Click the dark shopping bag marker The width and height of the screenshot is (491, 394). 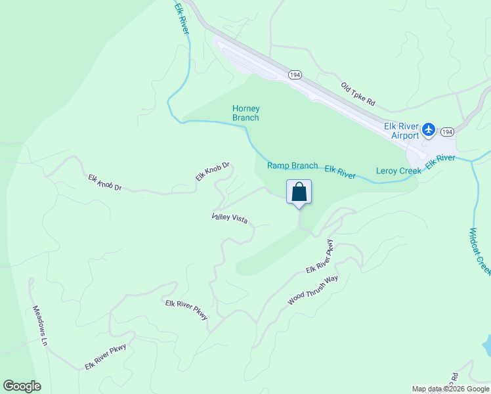coord(299,193)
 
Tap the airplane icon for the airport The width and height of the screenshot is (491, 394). coord(429,129)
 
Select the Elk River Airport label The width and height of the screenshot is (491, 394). coord(401,131)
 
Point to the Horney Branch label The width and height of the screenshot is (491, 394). coord(246,113)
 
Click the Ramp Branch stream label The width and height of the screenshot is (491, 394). coord(292,165)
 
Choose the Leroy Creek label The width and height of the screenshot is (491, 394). coord(398,171)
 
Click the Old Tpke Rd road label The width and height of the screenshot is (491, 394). coord(358,94)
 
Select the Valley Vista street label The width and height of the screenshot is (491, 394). coord(230,218)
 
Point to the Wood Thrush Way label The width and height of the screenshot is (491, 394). coord(312,290)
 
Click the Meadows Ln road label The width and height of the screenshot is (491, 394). coord(41,326)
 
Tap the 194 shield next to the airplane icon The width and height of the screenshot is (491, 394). coord(447,132)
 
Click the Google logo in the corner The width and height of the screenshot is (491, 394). coord(22,386)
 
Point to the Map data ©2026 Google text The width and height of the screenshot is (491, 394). coord(450,389)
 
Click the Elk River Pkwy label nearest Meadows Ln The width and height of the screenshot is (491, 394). coord(105,357)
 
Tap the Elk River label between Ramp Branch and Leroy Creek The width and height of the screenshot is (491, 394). coord(340,172)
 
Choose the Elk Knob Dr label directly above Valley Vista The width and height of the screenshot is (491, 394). coord(212,172)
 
